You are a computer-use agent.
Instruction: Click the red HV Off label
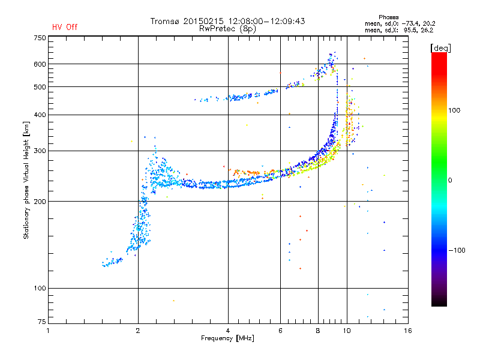tap(65, 27)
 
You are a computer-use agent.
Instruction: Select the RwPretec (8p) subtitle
tap(227, 29)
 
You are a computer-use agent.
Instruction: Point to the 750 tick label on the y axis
tap(40, 38)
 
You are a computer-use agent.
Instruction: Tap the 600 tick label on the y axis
tap(40, 64)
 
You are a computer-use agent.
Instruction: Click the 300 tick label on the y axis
tap(40, 151)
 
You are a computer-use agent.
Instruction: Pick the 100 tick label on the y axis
tap(40, 289)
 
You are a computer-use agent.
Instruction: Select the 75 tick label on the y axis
tap(42, 322)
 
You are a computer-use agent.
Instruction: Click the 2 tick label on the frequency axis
tap(138, 331)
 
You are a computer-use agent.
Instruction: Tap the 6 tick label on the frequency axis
tap(280, 331)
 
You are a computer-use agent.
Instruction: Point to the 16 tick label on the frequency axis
tap(408, 331)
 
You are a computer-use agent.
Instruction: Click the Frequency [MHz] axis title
tap(227, 338)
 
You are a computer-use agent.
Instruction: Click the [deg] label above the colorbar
tap(440, 48)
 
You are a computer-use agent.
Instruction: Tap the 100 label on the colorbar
tap(454, 110)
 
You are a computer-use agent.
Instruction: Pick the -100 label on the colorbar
tap(457, 250)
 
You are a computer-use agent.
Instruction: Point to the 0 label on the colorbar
tap(450, 181)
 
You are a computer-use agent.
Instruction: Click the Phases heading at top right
tap(388, 17)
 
